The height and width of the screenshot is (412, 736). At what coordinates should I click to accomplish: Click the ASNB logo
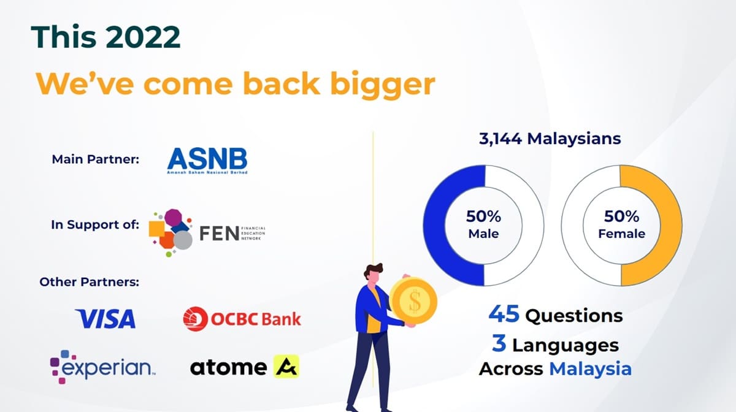pos(207,161)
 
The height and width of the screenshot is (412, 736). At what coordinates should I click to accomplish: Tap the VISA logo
pos(105,319)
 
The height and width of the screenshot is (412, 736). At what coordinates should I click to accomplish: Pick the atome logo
pos(244,367)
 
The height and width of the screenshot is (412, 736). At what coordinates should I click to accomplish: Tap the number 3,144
pos(500,139)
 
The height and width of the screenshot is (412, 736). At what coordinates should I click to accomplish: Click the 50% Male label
pos(483,224)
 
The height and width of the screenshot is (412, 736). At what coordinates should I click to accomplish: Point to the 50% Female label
pos(621,224)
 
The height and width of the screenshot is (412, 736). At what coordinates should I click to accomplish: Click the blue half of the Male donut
pos(442,224)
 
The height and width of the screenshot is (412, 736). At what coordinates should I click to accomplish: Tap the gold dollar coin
pos(413,300)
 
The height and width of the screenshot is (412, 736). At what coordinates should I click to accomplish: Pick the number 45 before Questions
pos(504,315)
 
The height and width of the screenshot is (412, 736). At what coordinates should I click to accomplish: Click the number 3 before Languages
pos(499,344)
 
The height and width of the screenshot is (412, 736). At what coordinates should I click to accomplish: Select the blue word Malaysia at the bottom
pos(590,369)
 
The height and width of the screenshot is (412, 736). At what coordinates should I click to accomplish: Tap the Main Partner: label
pos(96,159)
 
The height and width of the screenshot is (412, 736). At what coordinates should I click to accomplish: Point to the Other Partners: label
pos(90,282)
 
